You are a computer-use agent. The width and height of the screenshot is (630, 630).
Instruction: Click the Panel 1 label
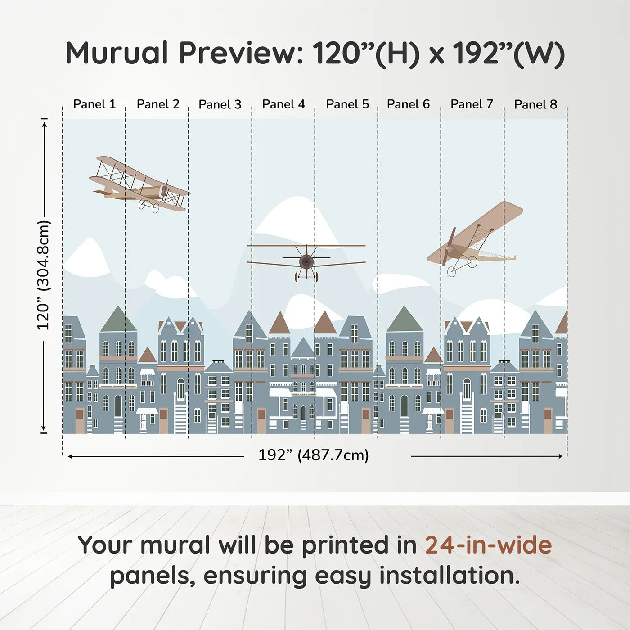[x=94, y=104]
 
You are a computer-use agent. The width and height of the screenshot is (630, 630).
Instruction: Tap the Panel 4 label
[x=283, y=104]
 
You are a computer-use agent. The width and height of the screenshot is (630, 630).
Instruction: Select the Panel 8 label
[x=535, y=104]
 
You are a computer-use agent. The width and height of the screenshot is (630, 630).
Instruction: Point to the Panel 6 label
[x=408, y=104]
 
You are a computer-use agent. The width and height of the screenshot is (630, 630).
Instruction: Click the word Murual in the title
[x=117, y=53]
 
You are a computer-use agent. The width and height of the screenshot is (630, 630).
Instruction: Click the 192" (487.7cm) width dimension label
[x=313, y=455]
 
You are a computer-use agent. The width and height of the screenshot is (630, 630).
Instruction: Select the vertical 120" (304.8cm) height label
[x=44, y=274]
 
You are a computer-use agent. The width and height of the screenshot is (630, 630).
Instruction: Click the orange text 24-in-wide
[x=488, y=545]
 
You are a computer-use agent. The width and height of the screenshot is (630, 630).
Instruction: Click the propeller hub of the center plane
[x=306, y=261]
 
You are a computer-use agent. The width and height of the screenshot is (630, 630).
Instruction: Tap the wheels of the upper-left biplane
[x=149, y=206]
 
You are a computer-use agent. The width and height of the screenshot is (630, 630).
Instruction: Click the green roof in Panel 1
[x=118, y=320]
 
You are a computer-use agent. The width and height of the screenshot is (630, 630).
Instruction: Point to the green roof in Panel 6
[x=404, y=320]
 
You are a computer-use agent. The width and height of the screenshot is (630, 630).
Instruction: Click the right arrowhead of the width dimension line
[x=560, y=456]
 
